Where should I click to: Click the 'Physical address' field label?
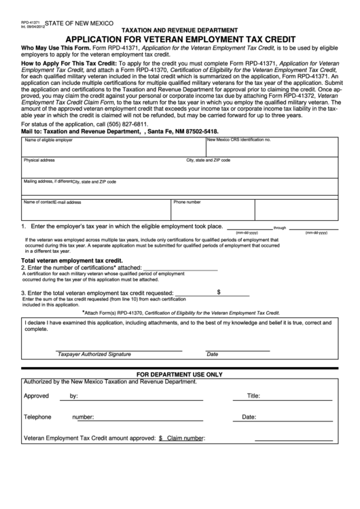point(39,161)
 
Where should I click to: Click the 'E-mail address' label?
point(69,203)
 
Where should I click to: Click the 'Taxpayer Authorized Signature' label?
point(94,354)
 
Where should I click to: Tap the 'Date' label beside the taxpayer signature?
point(212,354)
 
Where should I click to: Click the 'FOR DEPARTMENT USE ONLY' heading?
point(180,374)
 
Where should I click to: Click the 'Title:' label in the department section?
point(253,396)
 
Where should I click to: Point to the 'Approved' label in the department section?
point(36,396)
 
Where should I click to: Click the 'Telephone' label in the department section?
point(38,417)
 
